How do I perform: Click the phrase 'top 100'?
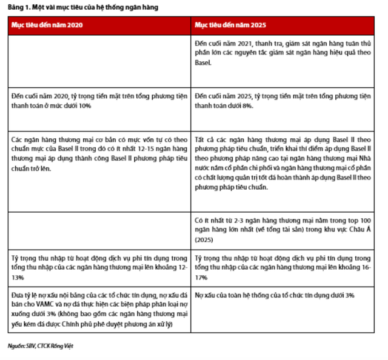358,221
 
